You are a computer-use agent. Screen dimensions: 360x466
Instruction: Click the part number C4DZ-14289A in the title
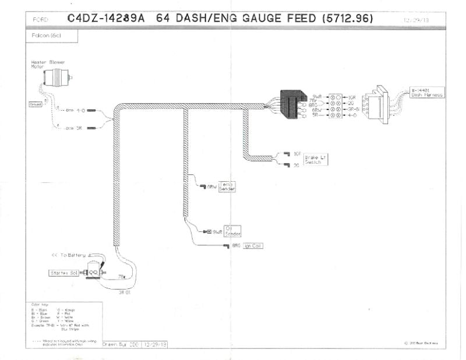(105, 18)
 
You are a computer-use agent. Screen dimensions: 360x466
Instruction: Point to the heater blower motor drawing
(59, 76)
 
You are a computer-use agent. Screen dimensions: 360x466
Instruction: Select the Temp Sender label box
(227, 186)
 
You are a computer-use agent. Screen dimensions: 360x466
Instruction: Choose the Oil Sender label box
(232, 231)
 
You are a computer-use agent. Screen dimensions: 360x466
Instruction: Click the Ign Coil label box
(253, 246)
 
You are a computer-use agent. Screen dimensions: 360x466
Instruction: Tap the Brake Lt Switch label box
(312, 160)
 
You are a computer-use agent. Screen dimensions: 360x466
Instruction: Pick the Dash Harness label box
(427, 92)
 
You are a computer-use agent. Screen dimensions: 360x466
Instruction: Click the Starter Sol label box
(63, 272)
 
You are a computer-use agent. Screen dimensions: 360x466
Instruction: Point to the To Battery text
(69, 256)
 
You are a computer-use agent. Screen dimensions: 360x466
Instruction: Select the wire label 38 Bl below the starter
(123, 292)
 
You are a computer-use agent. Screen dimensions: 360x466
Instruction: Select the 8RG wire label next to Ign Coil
(236, 246)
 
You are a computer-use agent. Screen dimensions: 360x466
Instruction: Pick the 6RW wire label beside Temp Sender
(212, 187)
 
